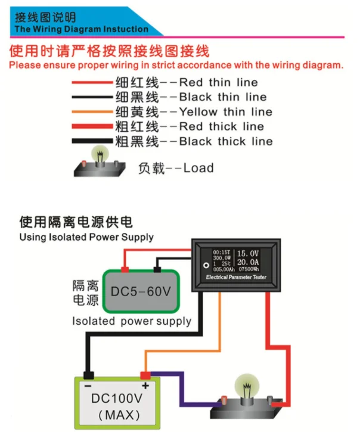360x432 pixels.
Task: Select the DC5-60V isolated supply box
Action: (141, 291)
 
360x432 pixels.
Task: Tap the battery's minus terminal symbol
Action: (89, 385)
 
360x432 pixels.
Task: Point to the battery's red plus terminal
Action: (145, 376)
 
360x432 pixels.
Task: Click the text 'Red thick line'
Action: (221, 126)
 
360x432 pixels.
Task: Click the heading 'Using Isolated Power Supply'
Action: (86, 237)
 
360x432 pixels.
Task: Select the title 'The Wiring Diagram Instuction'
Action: (81, 29)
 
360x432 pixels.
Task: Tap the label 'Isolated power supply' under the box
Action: (131, 321)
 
